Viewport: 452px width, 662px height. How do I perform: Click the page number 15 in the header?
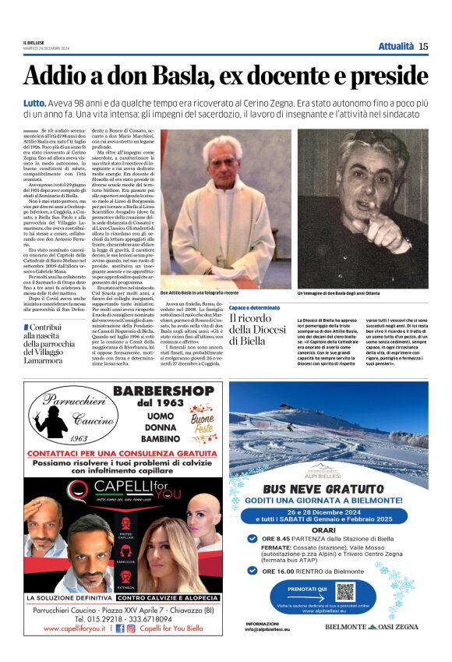click(x=423, y=47)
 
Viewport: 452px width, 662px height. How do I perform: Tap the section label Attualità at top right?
click(x=396, y=47)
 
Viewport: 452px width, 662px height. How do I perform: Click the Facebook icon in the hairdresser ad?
click(x=119, y=626)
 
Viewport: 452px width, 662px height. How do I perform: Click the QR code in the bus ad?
click(x=344, y=591)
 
